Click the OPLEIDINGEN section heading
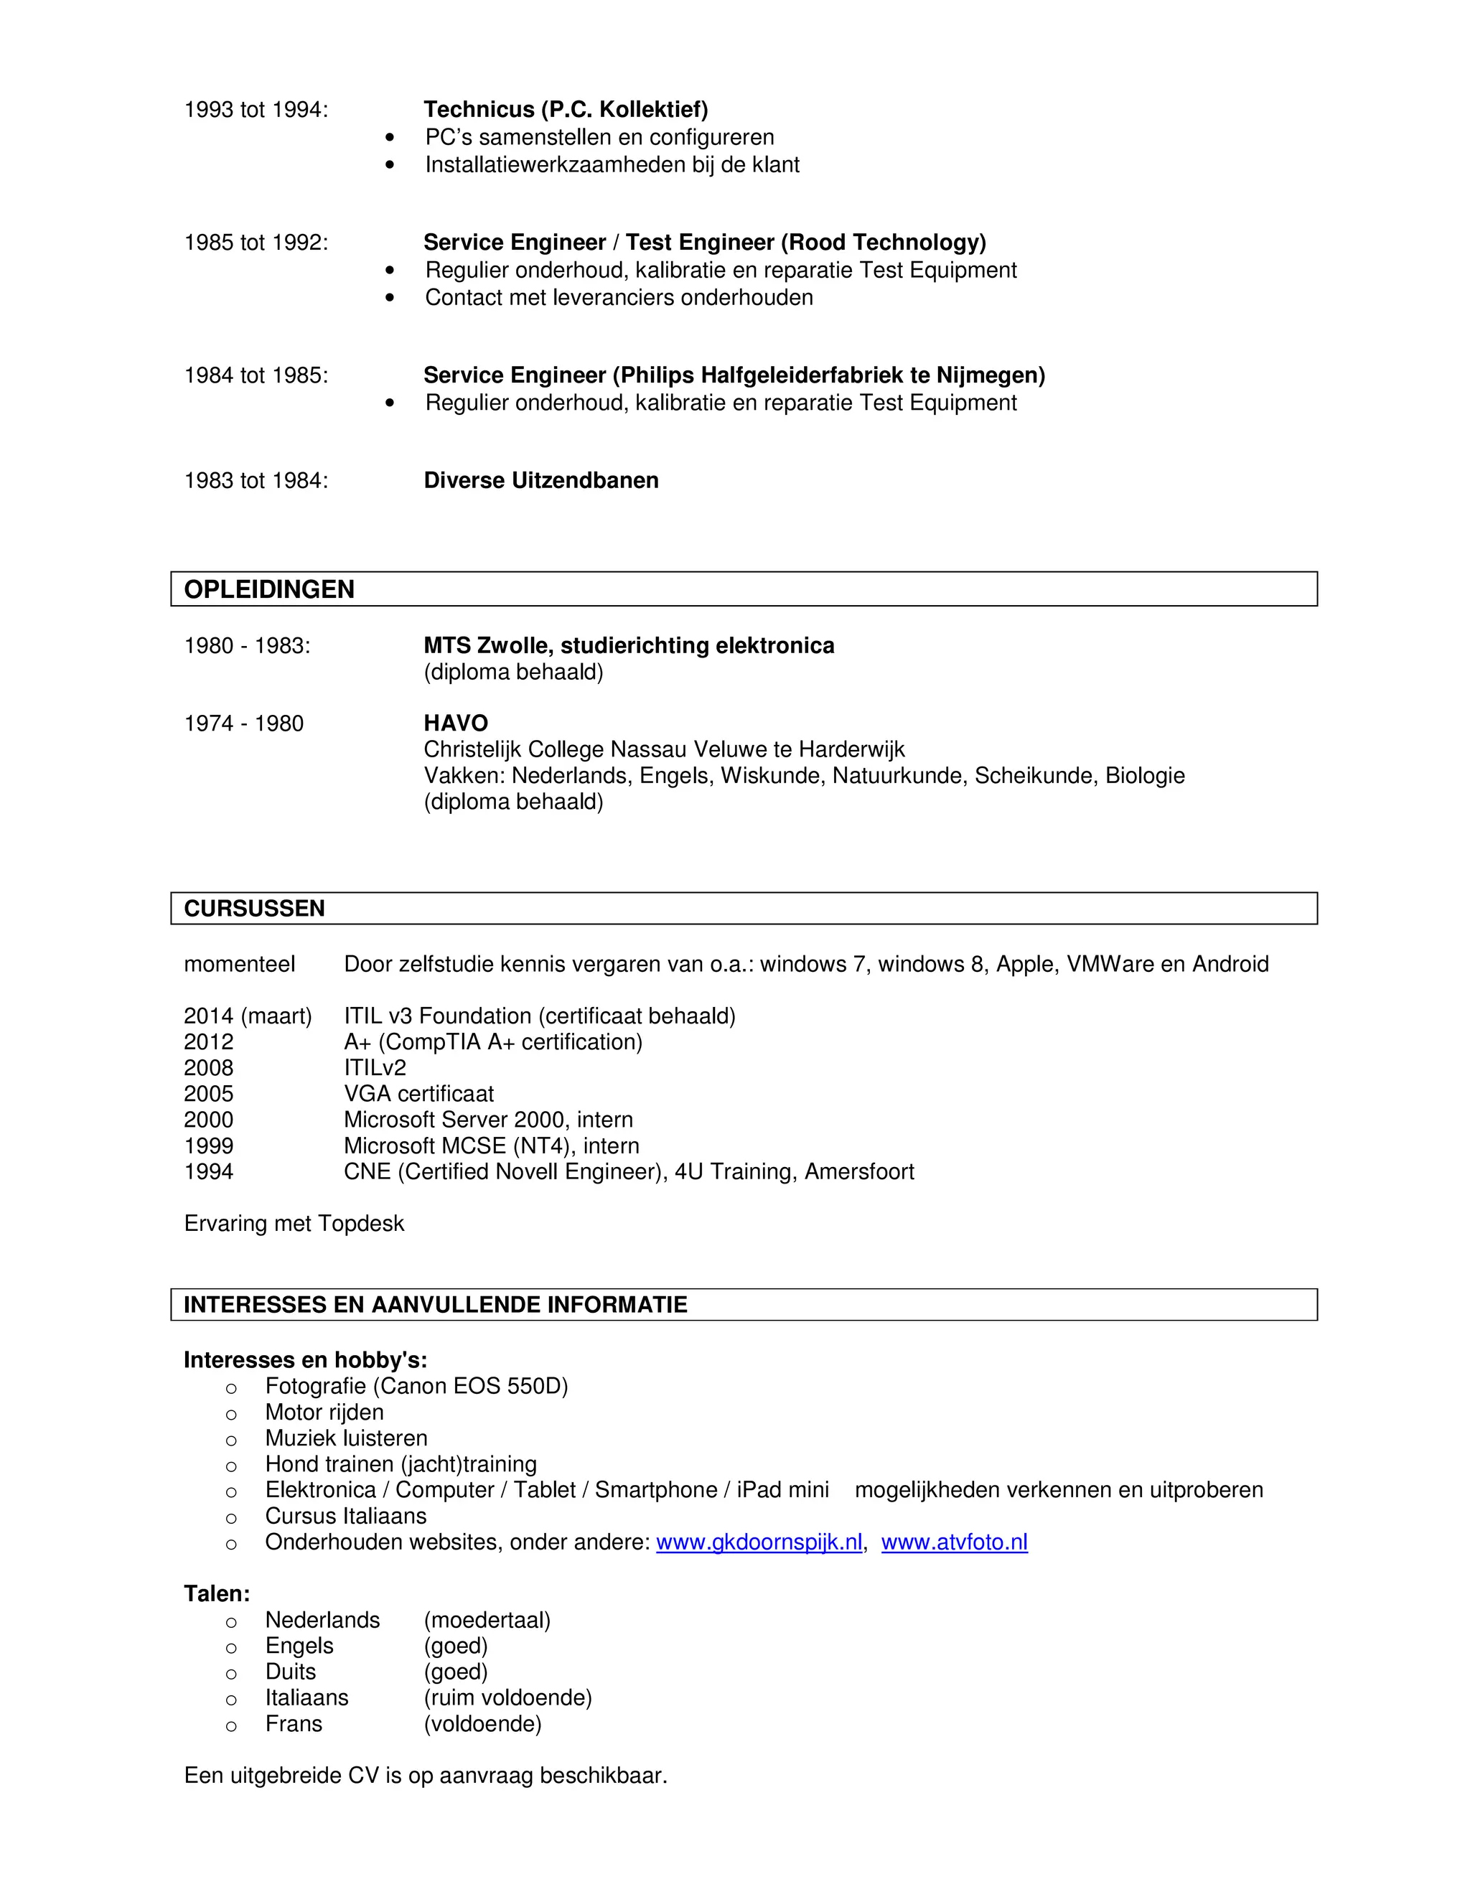[269, 589]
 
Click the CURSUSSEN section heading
[254, 909]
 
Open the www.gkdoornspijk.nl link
[759, 1542]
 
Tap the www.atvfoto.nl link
[954, 1542]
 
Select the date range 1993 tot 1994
[256, 110]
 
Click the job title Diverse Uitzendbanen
[540, 481]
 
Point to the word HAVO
[456, 723]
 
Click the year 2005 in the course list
[209, 1094]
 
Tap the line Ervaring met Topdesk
[294, 1224]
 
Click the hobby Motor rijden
[324, 1412]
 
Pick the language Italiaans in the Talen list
[306, 1697]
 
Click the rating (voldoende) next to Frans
[482, 1723]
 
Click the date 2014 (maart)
[248, 1016]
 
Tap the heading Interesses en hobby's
[305, 1359]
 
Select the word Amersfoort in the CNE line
[858, 1171]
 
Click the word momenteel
[240, 964]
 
